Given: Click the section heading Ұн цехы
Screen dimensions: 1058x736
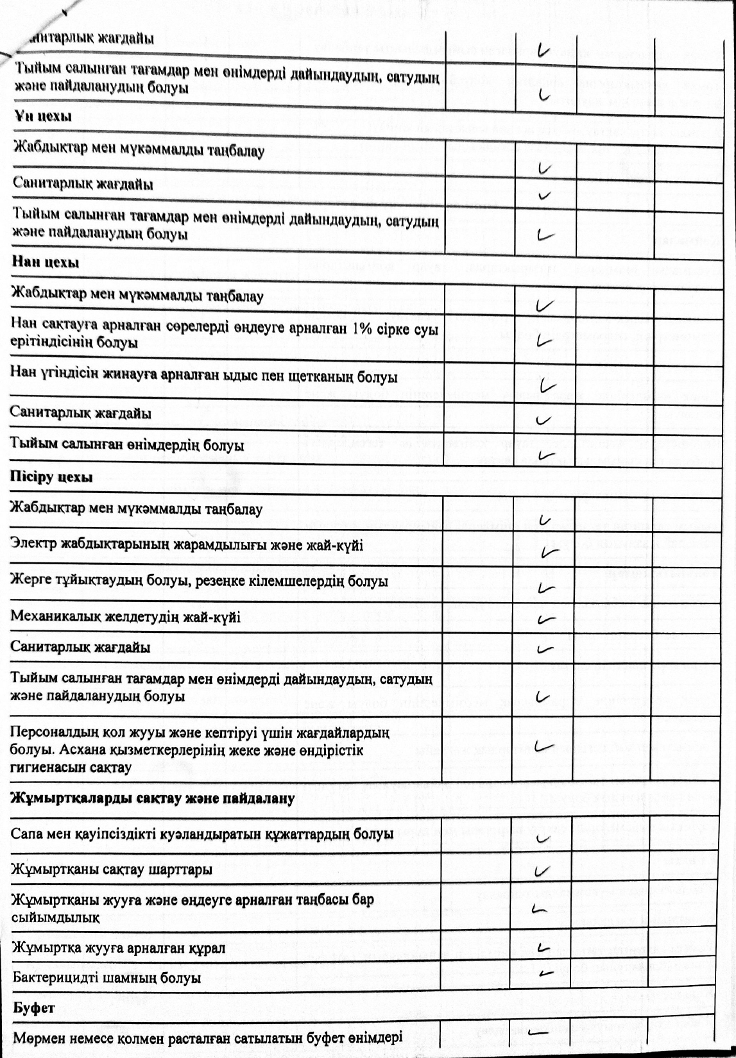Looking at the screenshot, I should click(x=42, y=116).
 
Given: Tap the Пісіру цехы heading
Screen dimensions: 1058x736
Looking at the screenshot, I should click(x=51, y=476).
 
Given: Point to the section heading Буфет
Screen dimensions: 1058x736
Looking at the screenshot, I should click(x=34, y=1007).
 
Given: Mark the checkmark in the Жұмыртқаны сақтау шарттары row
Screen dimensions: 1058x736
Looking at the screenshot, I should click(x=543, y=871).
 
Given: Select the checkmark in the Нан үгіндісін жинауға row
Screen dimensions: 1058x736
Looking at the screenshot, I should click(x=547, y=385).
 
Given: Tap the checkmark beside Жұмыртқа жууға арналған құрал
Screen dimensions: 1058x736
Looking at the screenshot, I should click(x=543, y=947).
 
